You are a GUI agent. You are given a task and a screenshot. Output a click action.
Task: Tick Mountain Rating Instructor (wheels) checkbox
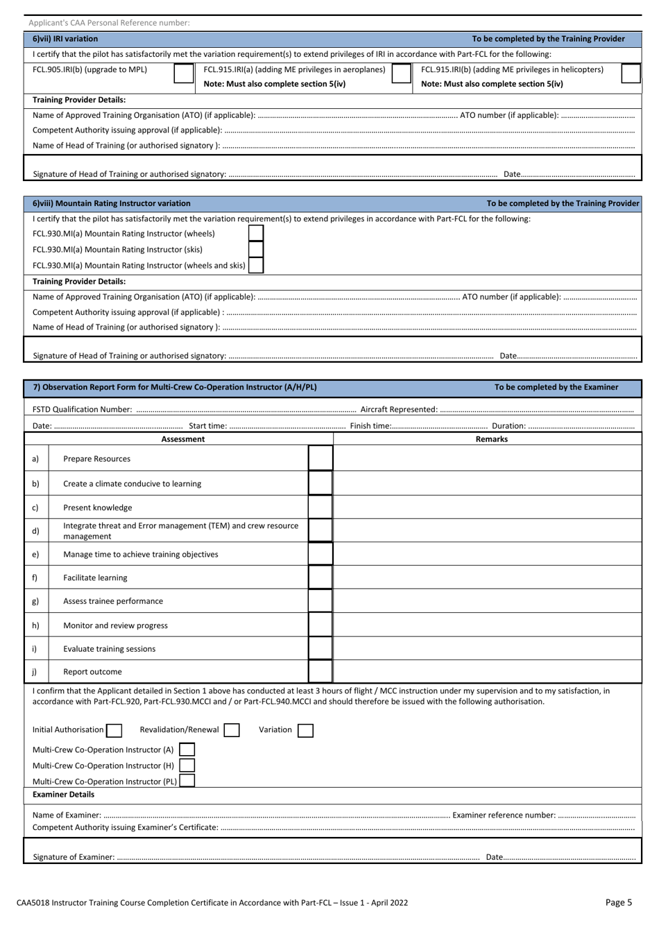[256, 234]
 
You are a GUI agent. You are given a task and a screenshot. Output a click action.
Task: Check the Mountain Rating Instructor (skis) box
[256, 250]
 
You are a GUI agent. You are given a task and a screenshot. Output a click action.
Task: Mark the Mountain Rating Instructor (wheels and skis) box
[256, 266]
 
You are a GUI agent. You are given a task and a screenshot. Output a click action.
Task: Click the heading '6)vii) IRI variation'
[65, 39]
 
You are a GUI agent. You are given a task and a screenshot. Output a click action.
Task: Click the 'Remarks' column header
[491, 439]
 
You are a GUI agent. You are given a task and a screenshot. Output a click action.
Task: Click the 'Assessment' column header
[182, 439]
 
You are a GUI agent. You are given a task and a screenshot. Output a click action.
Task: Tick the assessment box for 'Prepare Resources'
[320, 459]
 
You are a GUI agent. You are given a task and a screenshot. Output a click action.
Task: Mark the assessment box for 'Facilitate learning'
[320, 578]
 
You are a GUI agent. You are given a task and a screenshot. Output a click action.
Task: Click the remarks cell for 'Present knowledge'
[488, 508]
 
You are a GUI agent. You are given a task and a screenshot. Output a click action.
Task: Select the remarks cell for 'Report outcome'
[488, 672]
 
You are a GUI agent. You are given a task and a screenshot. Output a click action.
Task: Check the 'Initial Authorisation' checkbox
[114, 730]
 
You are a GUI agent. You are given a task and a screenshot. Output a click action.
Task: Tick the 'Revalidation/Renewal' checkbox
[232, 730]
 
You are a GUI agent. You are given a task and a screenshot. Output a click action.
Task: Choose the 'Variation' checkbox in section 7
[305, 730]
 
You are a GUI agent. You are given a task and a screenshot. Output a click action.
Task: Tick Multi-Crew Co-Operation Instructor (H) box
[187, 766]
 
